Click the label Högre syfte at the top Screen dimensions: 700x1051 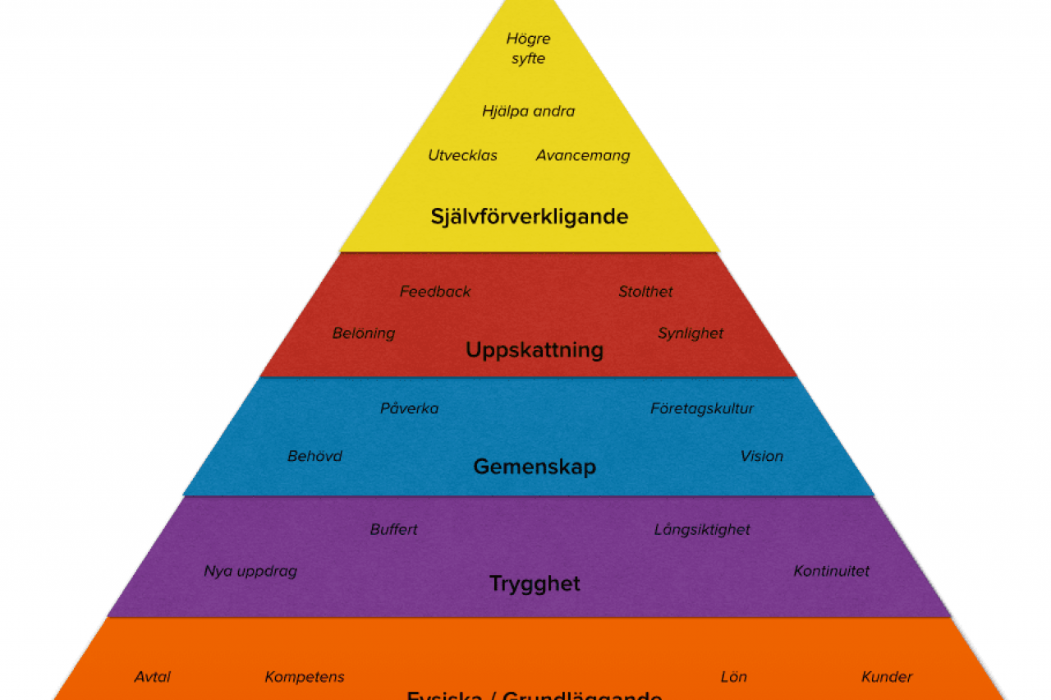528,48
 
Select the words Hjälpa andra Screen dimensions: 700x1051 528,111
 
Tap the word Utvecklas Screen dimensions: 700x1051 462,155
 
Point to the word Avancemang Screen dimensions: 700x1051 583,155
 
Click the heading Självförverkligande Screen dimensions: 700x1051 530,217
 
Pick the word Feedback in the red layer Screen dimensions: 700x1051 435,292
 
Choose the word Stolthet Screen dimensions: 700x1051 645,292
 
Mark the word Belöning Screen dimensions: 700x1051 364,334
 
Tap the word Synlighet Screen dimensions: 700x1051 691,334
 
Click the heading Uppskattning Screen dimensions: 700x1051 535,351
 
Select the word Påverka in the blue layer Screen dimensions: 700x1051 409,408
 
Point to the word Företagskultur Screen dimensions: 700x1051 702,408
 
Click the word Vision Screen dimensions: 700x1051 762,456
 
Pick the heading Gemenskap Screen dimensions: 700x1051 535,467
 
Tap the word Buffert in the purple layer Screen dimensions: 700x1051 393,530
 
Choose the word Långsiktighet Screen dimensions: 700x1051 702,530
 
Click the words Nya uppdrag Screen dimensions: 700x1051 250,571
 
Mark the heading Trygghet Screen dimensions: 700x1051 535,584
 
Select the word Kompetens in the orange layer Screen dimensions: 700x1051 305,678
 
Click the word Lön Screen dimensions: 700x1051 733,678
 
